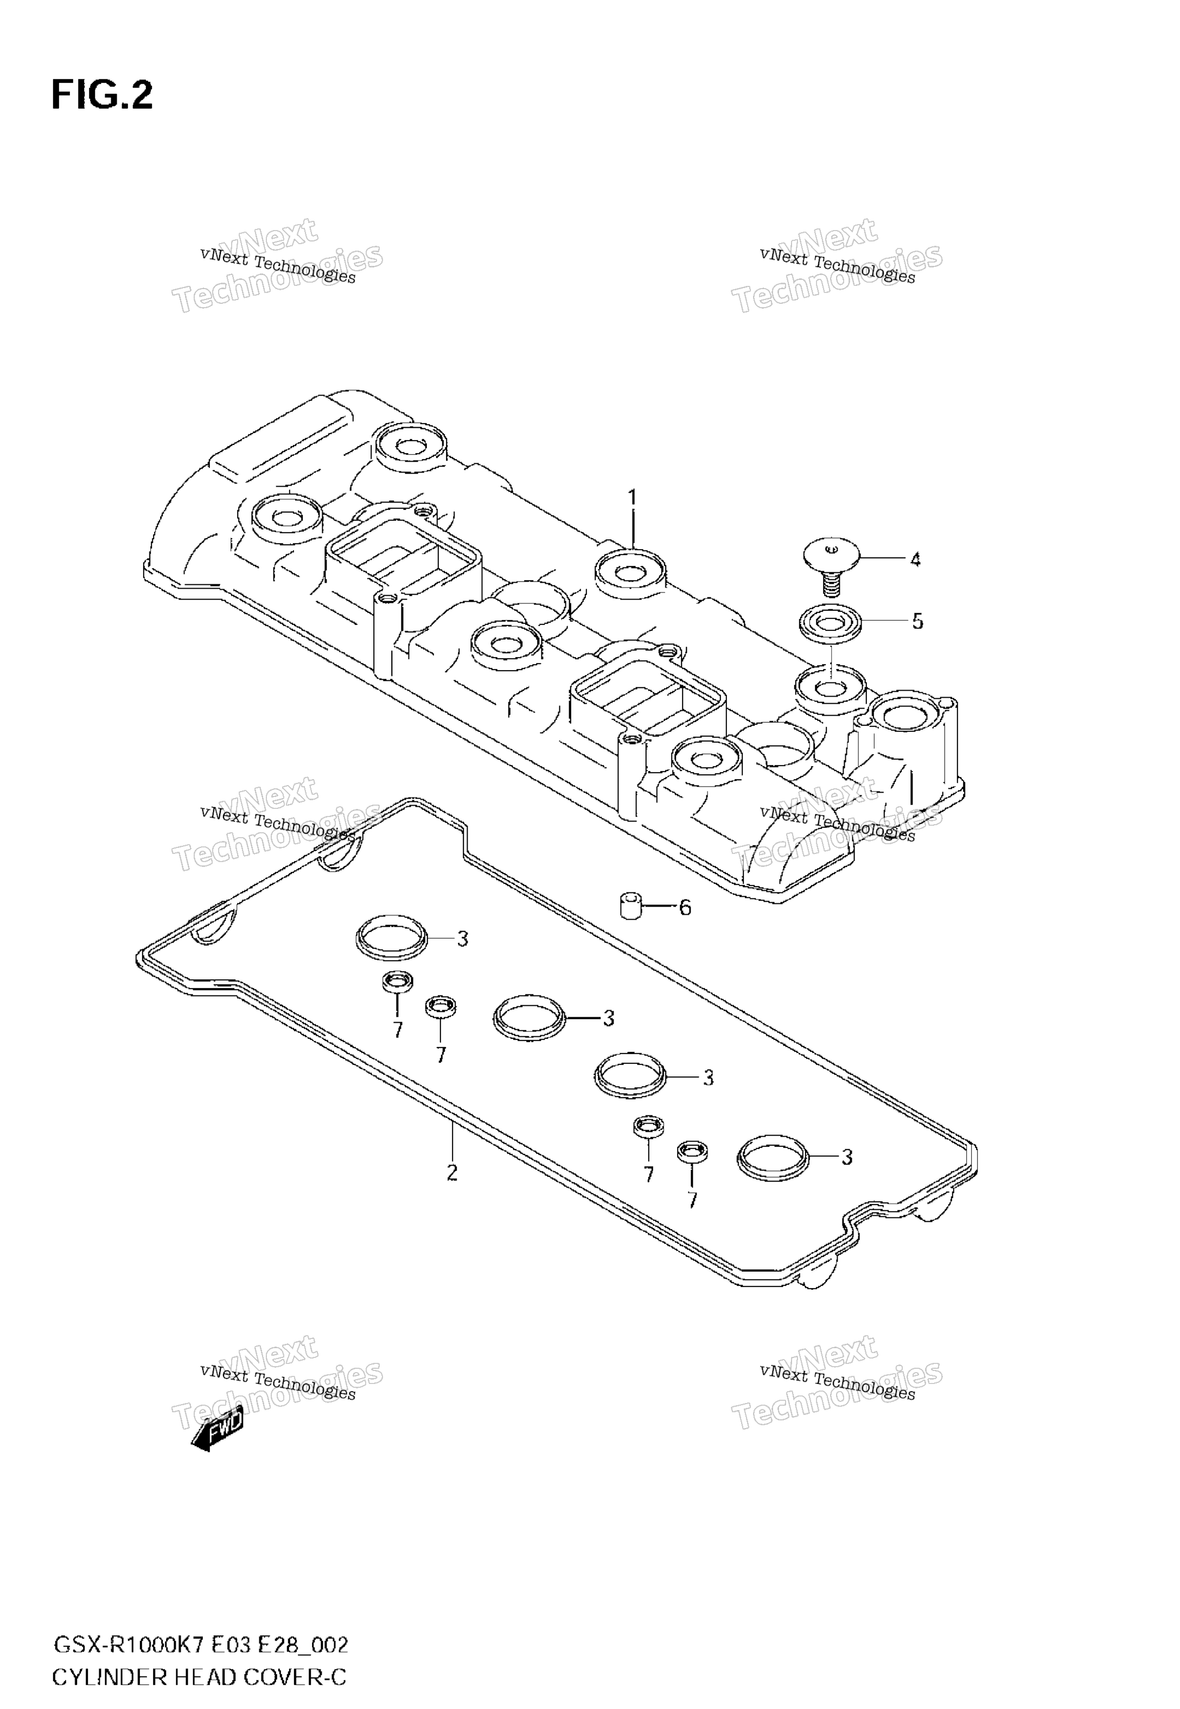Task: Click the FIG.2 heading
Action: (x=102, y=96)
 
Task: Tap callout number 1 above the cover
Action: (x=633, y=498)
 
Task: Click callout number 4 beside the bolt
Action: (x=915, y=559)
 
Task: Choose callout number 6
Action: (x=685, y=908)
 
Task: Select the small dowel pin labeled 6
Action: (x=630, y=906)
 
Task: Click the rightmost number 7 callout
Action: (x=692, y=1201)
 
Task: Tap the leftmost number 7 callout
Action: (x=398, y=1030)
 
